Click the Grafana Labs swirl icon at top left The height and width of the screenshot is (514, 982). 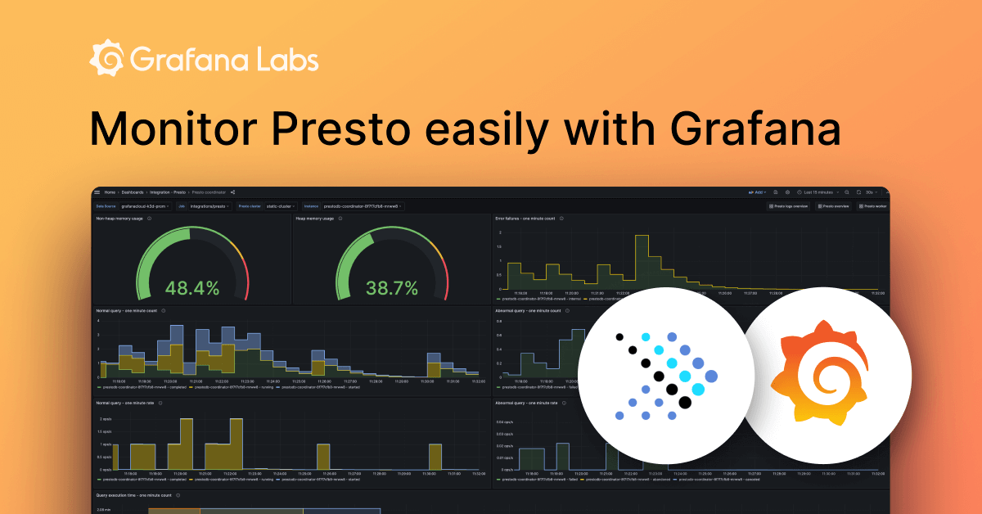106,61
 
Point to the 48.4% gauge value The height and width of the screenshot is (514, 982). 192,288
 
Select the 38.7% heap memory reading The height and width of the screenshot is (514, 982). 391,288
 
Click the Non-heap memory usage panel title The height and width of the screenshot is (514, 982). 119,219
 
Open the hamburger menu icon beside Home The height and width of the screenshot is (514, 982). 97,192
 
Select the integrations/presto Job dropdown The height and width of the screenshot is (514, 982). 210,206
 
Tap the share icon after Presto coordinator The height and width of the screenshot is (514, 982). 233,192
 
